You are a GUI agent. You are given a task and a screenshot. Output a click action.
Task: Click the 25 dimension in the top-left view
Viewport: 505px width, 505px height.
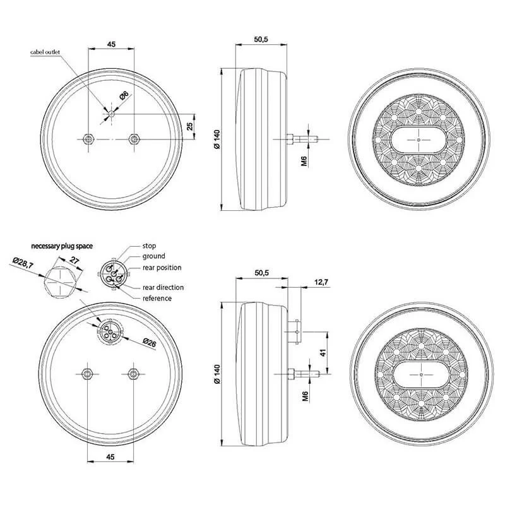[190, 126]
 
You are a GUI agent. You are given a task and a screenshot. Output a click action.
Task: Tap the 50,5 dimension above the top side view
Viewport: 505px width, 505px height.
[261, 40]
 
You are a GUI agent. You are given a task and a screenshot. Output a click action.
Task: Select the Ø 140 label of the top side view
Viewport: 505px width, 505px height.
[217, 140]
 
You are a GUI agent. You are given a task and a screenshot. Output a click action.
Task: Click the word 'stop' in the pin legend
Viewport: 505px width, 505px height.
[149, 246]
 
